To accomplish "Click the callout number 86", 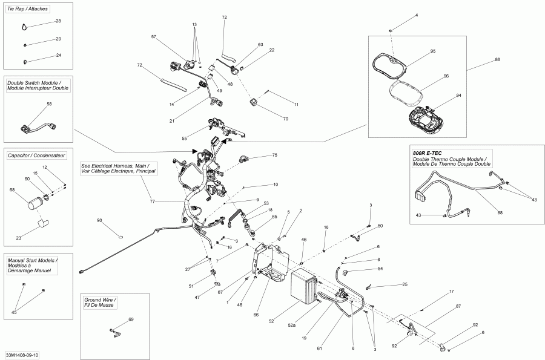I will (497, 60).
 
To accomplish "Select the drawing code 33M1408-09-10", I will (22, 355).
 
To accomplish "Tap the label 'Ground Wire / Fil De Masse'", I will (101, 303).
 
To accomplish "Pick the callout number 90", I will (99, 220).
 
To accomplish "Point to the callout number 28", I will (58, 21).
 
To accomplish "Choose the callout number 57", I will (154, 37).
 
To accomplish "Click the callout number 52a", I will (291, 326).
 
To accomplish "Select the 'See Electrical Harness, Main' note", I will (118, 168).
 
